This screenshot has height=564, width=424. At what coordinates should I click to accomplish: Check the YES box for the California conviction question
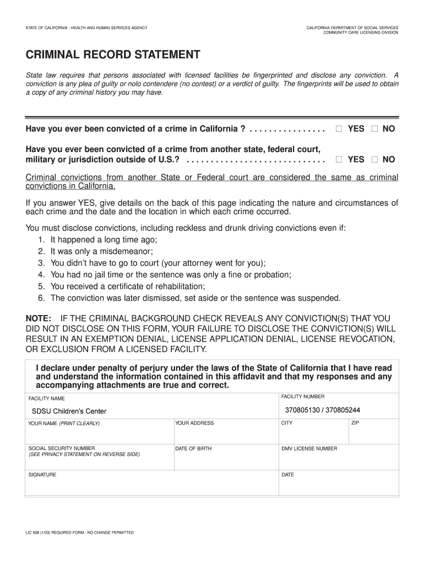(339, 129)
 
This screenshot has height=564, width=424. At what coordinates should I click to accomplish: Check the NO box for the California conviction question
(375, 129)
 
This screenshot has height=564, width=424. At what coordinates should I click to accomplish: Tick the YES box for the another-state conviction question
(339, 160)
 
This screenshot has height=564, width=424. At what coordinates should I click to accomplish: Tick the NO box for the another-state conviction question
(375, 160)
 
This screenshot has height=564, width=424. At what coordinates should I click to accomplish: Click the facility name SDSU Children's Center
(69, 411)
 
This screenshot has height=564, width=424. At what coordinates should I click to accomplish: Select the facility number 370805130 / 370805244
(322, 410)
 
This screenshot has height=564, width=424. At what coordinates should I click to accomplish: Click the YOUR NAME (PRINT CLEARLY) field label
(64, 424)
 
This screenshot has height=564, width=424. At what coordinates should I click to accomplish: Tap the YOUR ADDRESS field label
(194, 423)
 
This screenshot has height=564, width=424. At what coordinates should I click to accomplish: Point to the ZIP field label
(355, 423)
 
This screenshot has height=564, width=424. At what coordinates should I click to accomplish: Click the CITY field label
(287, 423)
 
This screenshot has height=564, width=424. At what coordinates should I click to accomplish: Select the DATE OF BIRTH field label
(193, 449)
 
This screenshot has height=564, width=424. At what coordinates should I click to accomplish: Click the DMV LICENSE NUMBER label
(309, 449)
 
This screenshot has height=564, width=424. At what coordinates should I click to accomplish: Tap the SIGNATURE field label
(42, 475)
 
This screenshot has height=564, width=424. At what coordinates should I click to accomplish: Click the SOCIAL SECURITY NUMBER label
(62, 448)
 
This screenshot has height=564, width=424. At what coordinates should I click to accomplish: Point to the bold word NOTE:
(39, 319)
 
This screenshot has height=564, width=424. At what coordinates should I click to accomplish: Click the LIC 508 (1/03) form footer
(79, 533)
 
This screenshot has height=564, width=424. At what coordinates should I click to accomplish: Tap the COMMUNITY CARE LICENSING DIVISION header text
(361, 32)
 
